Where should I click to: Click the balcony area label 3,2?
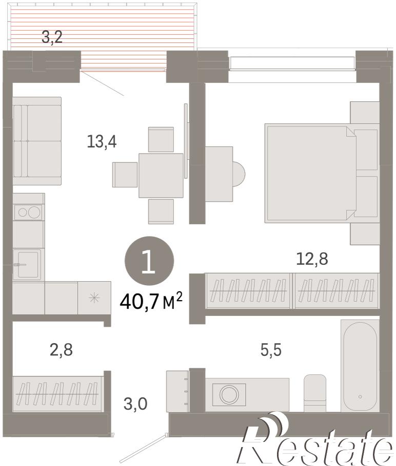pyautogui.click(x=52, y=37)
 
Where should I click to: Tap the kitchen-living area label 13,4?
pyautogui.click(x=102, y=141)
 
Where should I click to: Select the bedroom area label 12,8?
pyautogui.click(x=312, y=259)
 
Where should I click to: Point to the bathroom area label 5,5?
pyautogui.click(x=271, y=350)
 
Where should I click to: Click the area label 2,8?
pyautogui.click(x=62, y=350)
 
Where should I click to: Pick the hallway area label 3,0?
pyautogui.click(x=135, y=404)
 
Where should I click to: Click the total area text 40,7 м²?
pyautogui.click(x=151, y=301)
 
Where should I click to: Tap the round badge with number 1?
pyautogui.click(x=149, y=261)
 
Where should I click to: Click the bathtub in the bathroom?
pyautogui.click(x=360, y=366)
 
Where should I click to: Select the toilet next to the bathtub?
pyautogui.click(x=315, y=393)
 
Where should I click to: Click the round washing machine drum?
pyautogui.click(x=229, y=394)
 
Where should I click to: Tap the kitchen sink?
pyautogui.click(x=28, y=264)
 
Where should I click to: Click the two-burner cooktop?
pyautogui.click(x=29, y=212)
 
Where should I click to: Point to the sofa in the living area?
pyautogui.click(x=37, y=141)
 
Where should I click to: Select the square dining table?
pyautogui.click(x=161, y=175)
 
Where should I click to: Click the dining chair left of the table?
pyautogui.click(x=125, y=175)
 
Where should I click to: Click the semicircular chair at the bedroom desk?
pyautogui.click(x=239, y=174)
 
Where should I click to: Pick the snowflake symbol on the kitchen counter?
pyautogui.click(x=94, y=298)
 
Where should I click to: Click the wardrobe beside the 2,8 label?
pyautogui.click(x=58, y=394)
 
